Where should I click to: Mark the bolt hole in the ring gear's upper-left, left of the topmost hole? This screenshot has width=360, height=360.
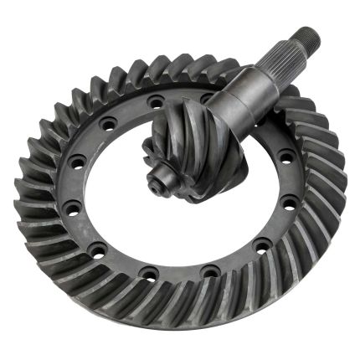coord(109,124)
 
